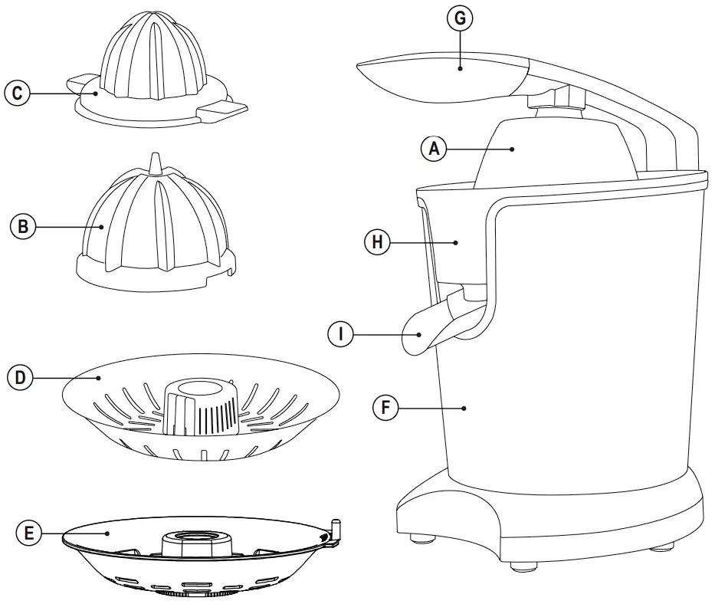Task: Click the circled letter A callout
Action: click(434, 149)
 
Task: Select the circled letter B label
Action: click(23, 226)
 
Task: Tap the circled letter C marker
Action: click(17, 94)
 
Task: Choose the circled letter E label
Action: click(29, 532)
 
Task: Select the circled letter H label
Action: click(376, 242)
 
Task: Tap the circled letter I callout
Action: click(339, 334)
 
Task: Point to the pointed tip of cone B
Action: click(155, 161)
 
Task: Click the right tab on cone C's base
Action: click(222, 112)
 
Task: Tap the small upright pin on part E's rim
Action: click(334, 529)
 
